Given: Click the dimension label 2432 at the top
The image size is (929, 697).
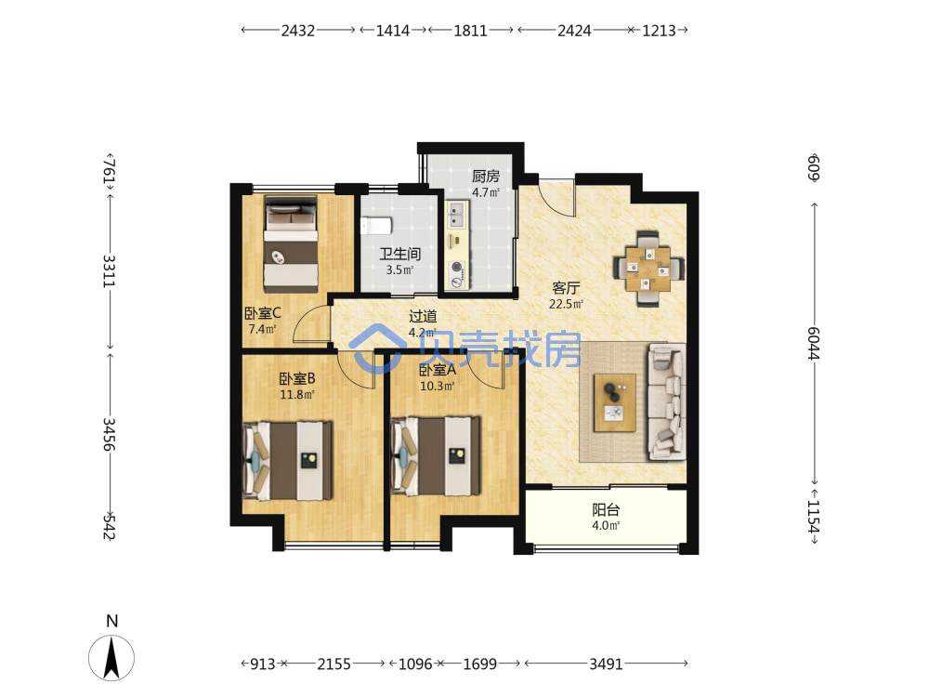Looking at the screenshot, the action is [x=297, y=31].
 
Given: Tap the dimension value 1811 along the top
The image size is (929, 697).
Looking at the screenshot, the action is [x=470, y=31].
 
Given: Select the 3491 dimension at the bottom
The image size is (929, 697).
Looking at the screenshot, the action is [x=606, y=664].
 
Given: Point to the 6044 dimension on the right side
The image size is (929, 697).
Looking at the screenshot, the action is [x=814, y=343].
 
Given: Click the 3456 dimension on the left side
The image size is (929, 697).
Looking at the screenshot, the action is [x=109, y=434].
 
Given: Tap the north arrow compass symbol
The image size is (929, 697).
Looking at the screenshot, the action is [x=111, y=657].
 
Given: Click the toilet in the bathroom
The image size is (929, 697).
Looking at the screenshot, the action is [x=376, y=226].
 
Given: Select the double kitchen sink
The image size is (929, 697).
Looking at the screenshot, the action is [x=456, y=216].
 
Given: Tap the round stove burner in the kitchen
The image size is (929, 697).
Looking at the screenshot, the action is [x=456, y=267].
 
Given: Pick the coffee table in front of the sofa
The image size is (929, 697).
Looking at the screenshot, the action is [x=615, y=402].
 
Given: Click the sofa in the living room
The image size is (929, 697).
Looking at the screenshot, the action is [x=667, y=402].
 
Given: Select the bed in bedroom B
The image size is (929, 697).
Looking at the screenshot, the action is [x=287, y=461].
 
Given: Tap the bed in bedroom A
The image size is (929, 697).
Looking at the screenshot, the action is [x=436, y=456].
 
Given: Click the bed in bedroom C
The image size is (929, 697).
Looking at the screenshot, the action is [x=290, y=244].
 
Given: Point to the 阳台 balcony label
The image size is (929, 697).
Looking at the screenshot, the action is [x=606, y=509].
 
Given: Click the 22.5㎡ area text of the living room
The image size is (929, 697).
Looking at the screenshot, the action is [x=566, y=305].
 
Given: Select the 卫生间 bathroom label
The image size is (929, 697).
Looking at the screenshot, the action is [x=399, y=255].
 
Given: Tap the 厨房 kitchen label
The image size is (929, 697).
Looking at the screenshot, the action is [x=486, y=176].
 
